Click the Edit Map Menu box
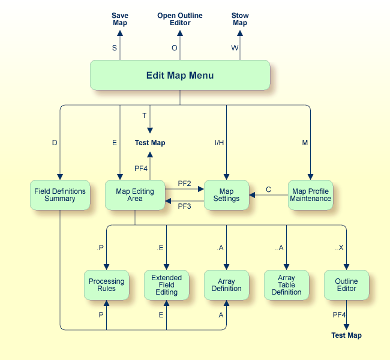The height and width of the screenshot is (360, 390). pyautogui.click(x=180, y=76)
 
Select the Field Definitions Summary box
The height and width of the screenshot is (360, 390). pyautogui.click(x=60, y=195)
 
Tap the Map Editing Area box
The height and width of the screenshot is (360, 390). pyautogui.click(x=135, y=195)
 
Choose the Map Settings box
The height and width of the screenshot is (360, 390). pyautogui.click(x=226, y=195)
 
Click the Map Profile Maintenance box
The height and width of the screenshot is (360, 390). pyautogui.click(x=310, y=195)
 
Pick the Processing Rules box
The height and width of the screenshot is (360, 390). pyautogui.click(x=106, y=285)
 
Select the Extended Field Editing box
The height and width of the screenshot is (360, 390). pyautogui.click(x=166, y=285)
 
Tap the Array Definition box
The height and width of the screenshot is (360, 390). pyautogui.click(x=226, y=285)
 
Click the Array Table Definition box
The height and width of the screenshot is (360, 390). pyautogui.click(x=286, y=285)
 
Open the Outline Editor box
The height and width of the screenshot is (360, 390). pyautogui.click(x=346, y=285)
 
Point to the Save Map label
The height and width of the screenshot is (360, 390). pyautogui.click(x=120, y=19)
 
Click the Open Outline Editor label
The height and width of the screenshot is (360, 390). pyautogui.click(x=180, y=19)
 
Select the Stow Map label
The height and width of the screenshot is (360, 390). pyautogui.click(x=240, y=19)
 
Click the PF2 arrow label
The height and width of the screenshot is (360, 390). pyautogui.click(x=184, y=182)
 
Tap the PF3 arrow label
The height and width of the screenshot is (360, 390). pyautogui.click(x=184, y=206)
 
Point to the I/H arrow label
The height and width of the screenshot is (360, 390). pyautogui.click(x=219, y=143)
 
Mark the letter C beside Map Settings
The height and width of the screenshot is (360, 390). pyautogui.click(x=268, y=190)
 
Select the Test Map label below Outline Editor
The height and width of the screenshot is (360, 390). pyautogui.click(x=346, y=335)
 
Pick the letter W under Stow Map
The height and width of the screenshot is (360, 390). pyautogui.click(x=234, y=48)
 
